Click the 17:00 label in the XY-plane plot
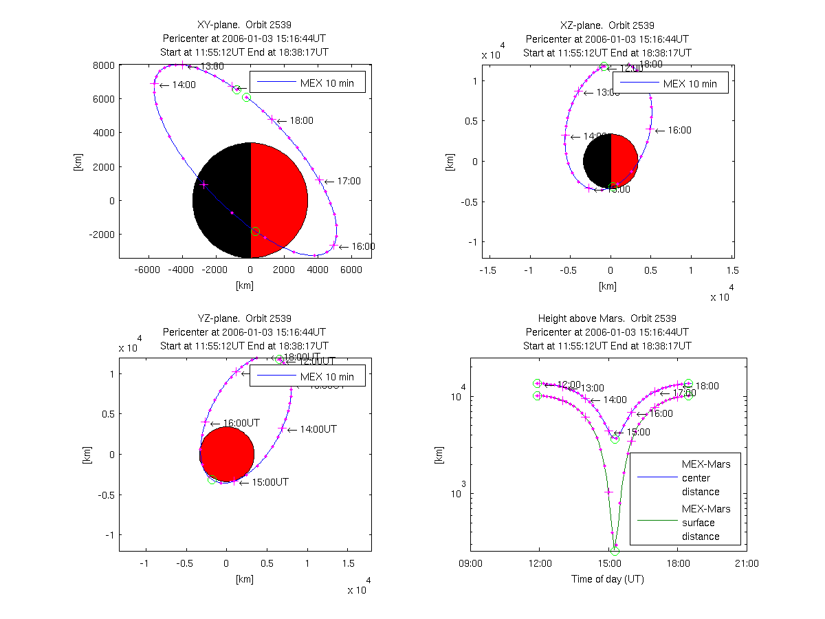pos(349,181)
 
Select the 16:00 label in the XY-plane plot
pos(364,246)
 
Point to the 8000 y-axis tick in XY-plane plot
pos(104,65)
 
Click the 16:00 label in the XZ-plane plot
pos(679,130)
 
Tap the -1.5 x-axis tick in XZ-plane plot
pos(488,270)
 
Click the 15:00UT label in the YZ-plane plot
pos(269,481)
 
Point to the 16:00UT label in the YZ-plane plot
pos(238,423)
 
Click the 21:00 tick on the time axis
pos(747,563)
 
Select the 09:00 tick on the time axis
pos(471,563)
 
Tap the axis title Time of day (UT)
pos(608,578)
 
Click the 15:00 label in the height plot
pos(636,432)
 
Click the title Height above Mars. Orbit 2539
pos(608,318)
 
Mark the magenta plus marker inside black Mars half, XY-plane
pos(204,184)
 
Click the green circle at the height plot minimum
pos(615,551)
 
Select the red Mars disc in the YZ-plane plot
pos(227,454)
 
